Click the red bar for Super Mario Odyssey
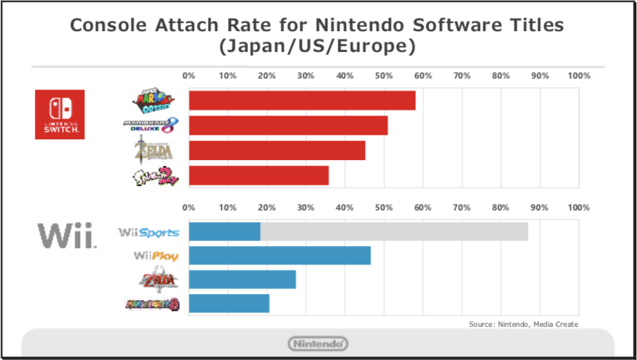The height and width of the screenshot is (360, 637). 302,100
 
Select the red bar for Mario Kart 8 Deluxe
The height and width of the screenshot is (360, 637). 288,125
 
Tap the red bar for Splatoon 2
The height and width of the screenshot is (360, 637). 259,176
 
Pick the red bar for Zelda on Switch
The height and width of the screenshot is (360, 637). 277,150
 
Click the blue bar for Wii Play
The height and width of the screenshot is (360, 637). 280,256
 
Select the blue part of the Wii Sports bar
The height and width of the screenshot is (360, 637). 224,231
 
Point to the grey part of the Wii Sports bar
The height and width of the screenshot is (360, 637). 394,231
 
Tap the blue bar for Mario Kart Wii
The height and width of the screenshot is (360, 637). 229,304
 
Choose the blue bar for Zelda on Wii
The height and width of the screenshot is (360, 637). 242,279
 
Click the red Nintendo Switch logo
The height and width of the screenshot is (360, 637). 60,114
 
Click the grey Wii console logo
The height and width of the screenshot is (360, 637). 67,236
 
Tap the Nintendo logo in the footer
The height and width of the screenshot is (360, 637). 317,344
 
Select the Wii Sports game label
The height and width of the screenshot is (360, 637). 149,232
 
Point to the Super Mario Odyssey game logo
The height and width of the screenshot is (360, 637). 155,99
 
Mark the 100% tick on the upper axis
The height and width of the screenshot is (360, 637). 578,76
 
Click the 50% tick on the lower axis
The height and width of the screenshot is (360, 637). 384,208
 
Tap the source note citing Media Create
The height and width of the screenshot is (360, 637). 523,324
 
